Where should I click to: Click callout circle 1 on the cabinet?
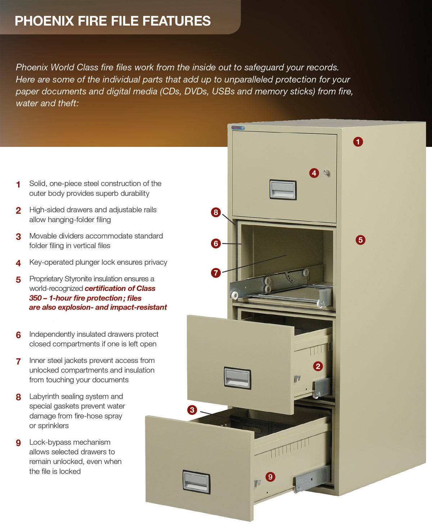358,142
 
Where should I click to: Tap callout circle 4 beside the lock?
314,173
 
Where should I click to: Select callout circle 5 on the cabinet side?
360,240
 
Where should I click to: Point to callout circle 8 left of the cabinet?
216,212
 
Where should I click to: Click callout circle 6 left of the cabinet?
216,243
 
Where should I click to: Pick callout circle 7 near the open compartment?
216,273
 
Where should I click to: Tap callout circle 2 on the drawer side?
318,366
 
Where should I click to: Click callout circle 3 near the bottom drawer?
192,410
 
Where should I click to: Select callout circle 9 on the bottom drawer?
270,477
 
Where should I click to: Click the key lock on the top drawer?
327,173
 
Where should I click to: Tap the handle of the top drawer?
283,189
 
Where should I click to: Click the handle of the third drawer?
237,378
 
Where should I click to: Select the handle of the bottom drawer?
196,481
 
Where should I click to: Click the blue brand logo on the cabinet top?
238,127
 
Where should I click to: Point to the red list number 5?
18,280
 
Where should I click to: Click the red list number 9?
18,443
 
